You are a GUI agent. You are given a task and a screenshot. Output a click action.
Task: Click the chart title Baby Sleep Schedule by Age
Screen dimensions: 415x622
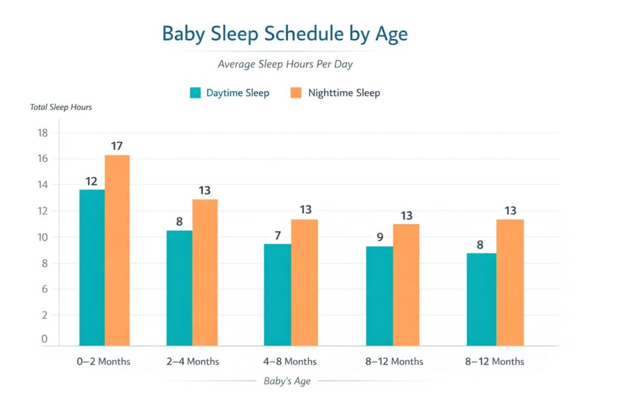point(284,34)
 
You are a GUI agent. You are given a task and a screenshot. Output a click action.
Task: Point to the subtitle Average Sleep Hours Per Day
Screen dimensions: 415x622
point(285,64)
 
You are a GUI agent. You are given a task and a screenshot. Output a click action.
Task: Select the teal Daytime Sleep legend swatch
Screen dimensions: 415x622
point(195,93)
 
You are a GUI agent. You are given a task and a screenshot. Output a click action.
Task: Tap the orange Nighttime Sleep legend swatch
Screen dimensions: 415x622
point(296,93)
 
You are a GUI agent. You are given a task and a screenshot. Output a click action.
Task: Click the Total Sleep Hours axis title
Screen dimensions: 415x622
point(61,108)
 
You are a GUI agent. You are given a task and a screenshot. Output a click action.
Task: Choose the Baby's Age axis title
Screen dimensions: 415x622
point(287,382)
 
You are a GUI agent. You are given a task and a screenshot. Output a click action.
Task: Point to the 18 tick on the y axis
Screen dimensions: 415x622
point(43,133)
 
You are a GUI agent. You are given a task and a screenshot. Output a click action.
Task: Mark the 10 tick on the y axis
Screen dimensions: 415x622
point(43,237)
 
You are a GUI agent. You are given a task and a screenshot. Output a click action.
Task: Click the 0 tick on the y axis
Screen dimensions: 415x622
point(44,340)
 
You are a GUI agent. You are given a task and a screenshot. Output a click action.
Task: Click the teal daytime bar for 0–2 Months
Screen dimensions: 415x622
point(92,267)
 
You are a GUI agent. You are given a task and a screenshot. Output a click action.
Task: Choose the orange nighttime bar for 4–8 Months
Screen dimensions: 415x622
point(304,283)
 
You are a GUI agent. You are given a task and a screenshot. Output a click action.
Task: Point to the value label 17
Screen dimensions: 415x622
point(117,146)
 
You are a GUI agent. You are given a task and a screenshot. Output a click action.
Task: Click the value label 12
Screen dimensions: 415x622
point(92,181)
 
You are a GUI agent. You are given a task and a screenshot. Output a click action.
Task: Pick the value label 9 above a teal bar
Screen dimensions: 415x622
point(380,237)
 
